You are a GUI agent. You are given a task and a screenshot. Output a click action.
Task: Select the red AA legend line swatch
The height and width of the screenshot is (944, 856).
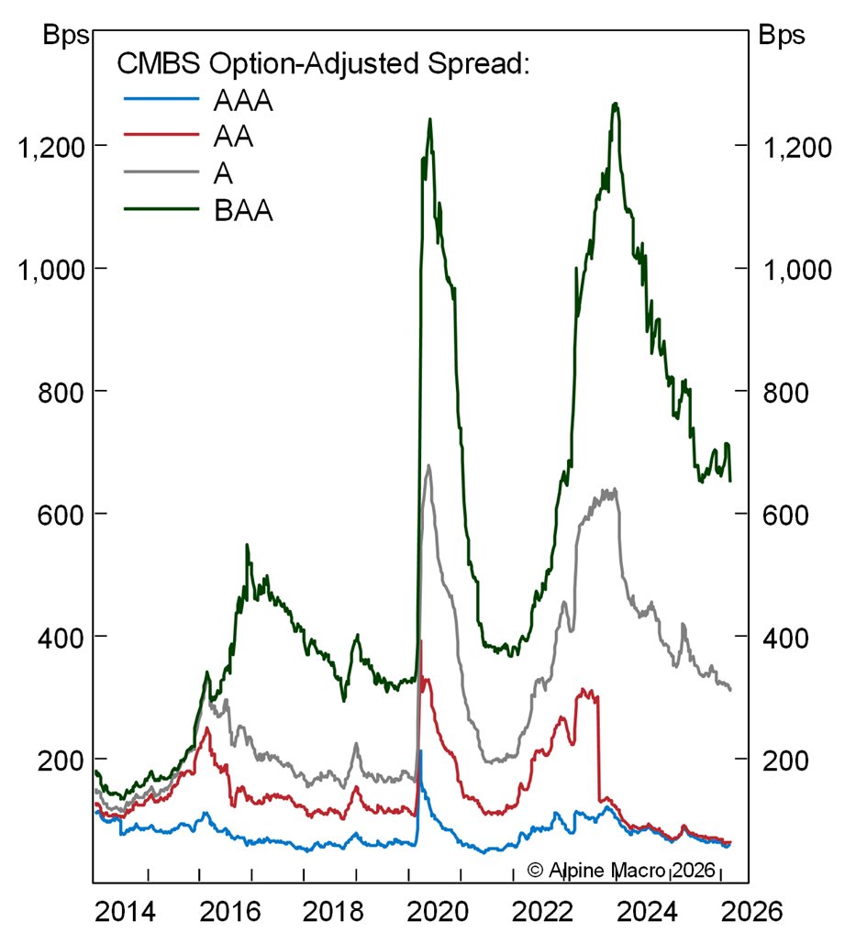161,138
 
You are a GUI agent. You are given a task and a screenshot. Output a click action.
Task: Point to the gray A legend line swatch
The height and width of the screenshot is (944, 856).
161,174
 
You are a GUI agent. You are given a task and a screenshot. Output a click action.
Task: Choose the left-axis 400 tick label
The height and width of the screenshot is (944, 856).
60,636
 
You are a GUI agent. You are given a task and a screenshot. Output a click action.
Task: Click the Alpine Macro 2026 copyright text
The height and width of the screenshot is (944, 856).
620,869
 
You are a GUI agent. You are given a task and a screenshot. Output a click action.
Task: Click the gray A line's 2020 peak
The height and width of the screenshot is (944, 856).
429,466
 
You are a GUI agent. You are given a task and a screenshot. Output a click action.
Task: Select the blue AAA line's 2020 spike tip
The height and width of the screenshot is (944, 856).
420,750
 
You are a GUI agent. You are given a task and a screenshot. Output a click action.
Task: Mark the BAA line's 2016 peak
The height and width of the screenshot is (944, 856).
247,545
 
